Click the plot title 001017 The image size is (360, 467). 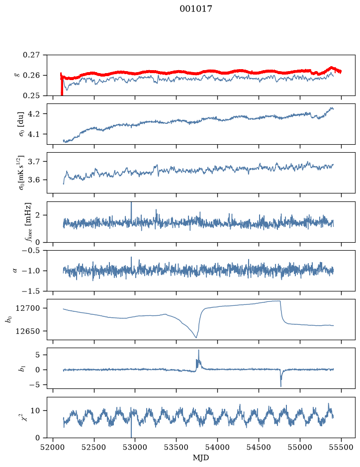(196, 9)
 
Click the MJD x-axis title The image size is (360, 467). (201, 458)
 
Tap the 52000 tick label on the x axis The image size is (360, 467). (53, 447)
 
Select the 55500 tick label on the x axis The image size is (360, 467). (341, 447)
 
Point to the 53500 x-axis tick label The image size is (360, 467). (177, 447)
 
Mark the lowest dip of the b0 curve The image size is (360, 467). (196, 337)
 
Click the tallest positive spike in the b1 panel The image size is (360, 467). (198, 350)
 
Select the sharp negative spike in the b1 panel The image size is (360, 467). (281, 386)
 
